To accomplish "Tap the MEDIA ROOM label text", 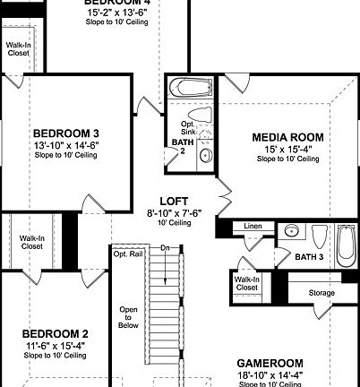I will tap(287, 136).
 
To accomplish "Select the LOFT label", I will tap(174, 201).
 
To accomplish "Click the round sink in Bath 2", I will tap(205, 156).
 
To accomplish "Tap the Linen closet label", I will tap(253, 227).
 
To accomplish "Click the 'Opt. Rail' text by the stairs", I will tap(125, 254).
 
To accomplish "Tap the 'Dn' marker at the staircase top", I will tap(164, 247).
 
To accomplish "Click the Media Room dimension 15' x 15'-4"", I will tap(287, 148).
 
